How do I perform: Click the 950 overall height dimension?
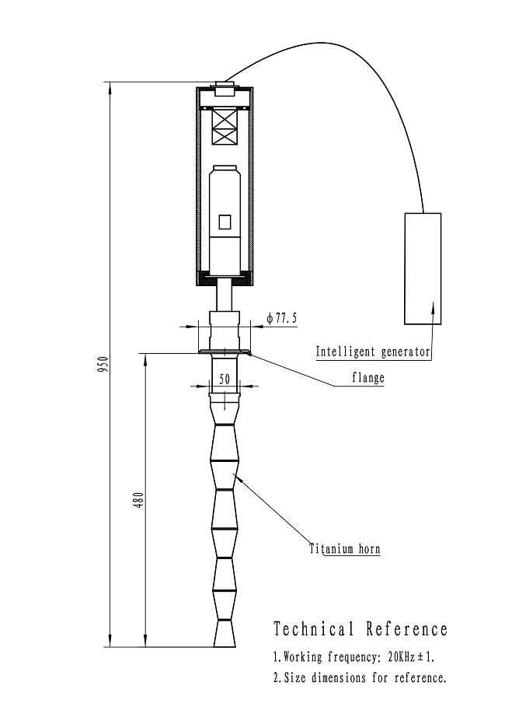102,364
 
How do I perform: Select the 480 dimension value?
138,498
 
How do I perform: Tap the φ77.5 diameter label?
282,318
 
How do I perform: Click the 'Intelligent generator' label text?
372,352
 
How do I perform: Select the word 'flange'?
367,378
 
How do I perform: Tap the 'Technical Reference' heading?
360,628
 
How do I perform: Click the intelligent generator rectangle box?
422,268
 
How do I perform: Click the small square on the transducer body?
225,222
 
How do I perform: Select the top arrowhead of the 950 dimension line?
110,88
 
